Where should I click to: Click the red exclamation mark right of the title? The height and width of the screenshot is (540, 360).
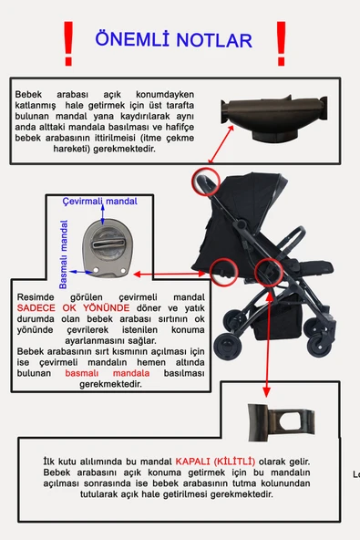(x=281, y=39)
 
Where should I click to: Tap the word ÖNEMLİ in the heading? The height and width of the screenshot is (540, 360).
(x=133, y=41)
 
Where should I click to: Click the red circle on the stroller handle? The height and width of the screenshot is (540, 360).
(x=205, y=180)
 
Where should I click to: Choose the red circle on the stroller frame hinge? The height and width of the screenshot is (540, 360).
(x=268, y=271)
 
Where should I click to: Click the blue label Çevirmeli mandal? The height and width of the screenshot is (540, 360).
(x=98, y=201)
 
